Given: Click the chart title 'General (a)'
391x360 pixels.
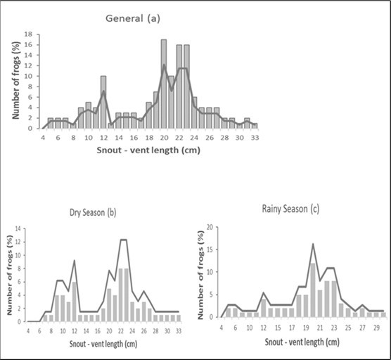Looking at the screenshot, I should coord(132,19).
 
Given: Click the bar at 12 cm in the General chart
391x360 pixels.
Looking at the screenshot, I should coord(103,102).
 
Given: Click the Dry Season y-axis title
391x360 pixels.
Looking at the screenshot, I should coord(9,274).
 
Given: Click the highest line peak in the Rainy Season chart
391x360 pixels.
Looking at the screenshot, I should coord(313,244).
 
